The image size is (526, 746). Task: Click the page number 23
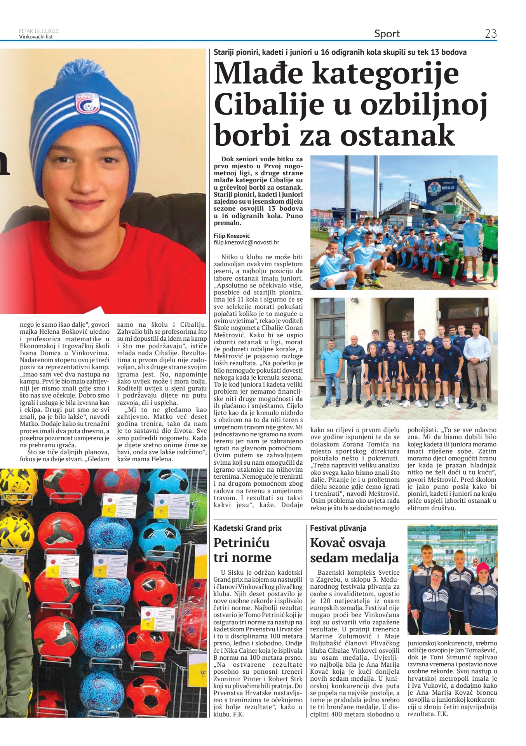(x=491, y=34)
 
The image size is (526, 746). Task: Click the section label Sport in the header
(x=387, y=34)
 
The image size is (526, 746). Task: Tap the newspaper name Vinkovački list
(x=36, y=37)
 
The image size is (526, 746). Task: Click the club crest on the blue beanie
(x=87, y=103)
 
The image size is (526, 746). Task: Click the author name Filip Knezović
(x=232, y=236)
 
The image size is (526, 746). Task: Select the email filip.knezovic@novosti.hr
(x=246, y=242)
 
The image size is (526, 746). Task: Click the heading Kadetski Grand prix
(x=247, y=528)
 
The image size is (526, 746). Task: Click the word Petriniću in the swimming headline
(x=241, y=542)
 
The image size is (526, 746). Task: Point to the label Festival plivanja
(x=338, y=528)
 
